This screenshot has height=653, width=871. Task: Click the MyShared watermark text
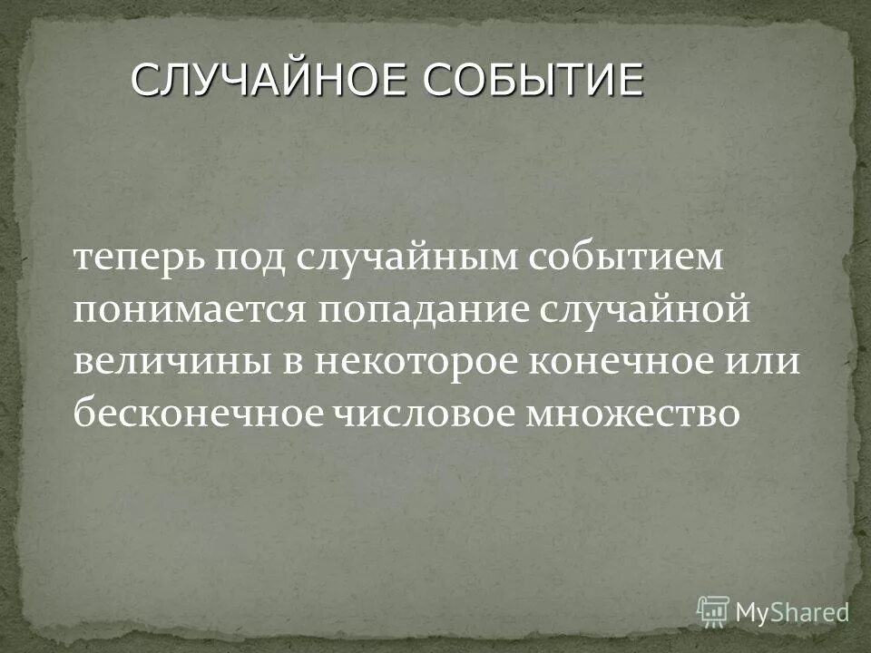coord(791,611)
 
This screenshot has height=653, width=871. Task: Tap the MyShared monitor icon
coord(713,610)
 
